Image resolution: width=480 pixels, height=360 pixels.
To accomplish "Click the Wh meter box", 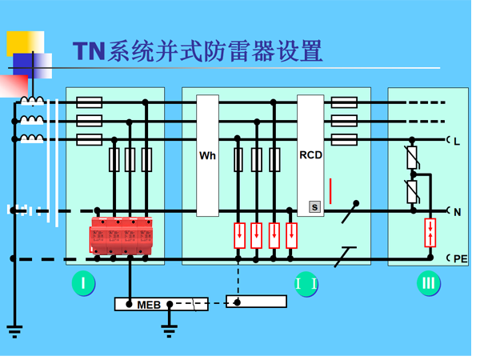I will coord(207,155).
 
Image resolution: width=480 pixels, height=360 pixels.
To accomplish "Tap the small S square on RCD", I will coord(314,207).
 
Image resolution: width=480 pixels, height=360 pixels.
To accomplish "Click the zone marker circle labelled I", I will coord(83,283).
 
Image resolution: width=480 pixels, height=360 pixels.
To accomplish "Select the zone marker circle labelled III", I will coord(429,283).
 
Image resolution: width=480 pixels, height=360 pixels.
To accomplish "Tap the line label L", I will coord(457,142).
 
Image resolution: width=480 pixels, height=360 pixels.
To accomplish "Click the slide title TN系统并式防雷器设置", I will coord(198,51).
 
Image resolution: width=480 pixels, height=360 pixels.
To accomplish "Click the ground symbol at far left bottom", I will coord(14,329).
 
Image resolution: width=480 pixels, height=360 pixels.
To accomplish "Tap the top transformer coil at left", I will coord(32,102).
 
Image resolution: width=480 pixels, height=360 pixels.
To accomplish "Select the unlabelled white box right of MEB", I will coord(256,302).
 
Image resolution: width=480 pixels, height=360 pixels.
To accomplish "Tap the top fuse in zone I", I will coord(89,102).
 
